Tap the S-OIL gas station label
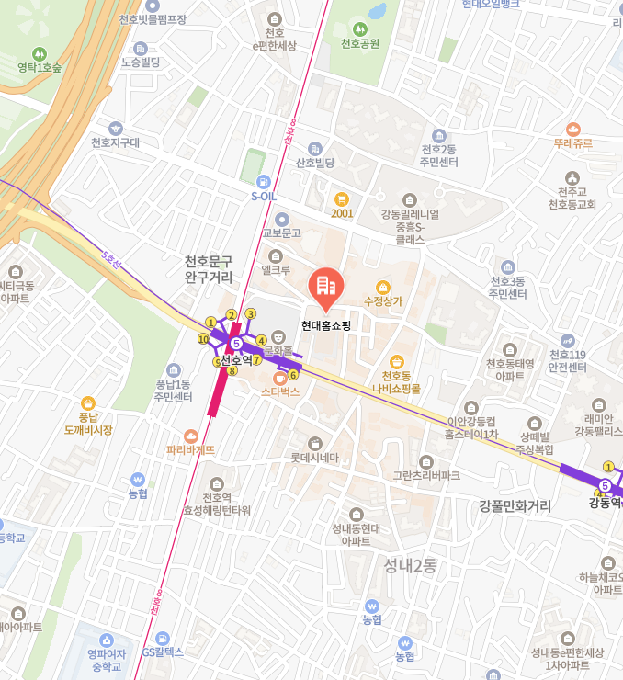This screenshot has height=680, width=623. point(263,195)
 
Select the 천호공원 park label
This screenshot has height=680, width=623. point(359,43)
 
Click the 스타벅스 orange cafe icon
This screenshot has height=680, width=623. point(280,378)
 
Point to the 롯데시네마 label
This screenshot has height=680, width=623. point(315,457)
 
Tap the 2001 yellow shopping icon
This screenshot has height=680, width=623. point(342,198)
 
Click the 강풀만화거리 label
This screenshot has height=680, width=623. point(515,505)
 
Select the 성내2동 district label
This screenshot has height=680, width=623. point(410,565)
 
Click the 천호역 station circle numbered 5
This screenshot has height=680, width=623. point(236,344)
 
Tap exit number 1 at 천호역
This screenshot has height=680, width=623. point(210,323)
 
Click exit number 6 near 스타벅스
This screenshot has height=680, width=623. point(293,375)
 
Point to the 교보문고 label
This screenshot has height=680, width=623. point(281,232)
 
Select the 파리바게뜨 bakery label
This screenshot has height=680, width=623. point(190,450)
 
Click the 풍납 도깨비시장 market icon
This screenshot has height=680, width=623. point(88,403)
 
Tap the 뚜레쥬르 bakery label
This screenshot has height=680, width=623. point(573,144)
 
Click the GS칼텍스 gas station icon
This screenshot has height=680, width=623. point(163,638)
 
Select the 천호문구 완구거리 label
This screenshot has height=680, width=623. point(209,268)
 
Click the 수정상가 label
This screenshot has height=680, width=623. point(383,300)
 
